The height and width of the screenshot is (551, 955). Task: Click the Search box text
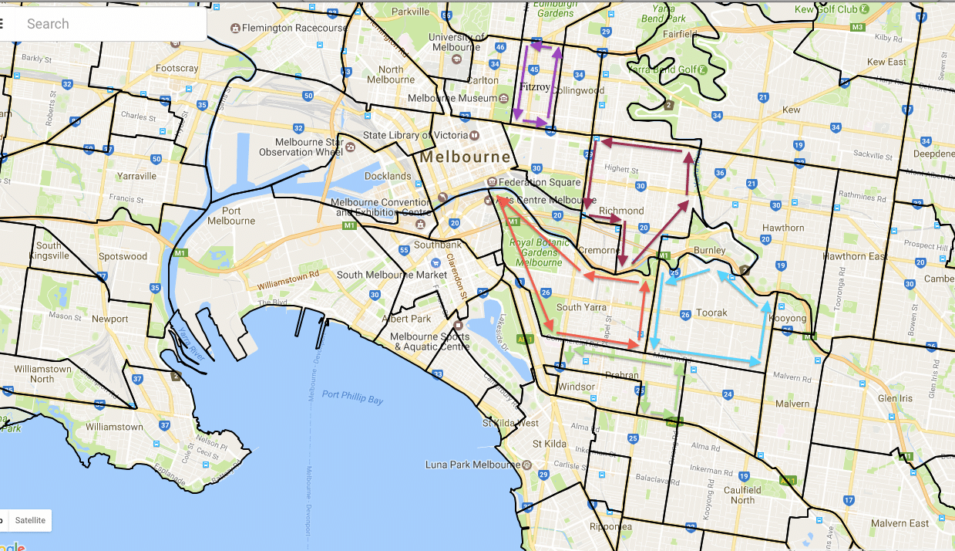[48, 24]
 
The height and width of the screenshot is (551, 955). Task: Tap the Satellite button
[31, 520]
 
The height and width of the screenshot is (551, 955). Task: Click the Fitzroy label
[535, 87]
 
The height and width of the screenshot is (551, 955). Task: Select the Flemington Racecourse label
[294, 28]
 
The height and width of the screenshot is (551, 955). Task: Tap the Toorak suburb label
[711, 313]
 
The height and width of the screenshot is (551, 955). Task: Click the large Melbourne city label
[465, 157]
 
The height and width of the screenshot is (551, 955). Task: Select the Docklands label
[388, 176]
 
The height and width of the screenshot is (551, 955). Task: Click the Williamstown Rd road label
[288, 279]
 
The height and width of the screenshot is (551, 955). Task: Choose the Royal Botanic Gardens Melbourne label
[533, 252]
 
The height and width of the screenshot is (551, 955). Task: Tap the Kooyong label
[787, 318]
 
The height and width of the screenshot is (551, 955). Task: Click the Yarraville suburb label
[136, 176]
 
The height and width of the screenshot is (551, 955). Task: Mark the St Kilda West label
[510, 423]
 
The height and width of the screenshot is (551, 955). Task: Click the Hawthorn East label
[855, 256]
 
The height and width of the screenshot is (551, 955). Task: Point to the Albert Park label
[411, 319]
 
